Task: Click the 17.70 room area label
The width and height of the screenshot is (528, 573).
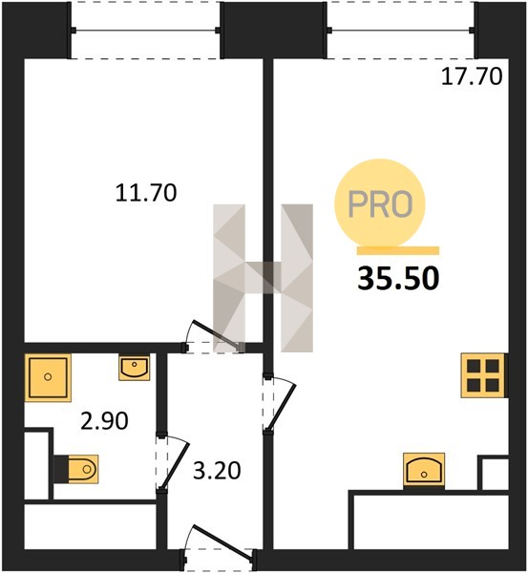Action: [472, 77]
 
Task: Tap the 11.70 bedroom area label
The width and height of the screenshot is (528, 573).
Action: [146, 193]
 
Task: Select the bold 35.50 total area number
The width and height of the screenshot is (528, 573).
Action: [398, 279]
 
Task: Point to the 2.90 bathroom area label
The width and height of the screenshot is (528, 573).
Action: [104, 420]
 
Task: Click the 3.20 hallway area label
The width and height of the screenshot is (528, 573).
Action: [217, 471]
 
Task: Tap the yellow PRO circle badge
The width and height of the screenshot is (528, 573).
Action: [380, 203]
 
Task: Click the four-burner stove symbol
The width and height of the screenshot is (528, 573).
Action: [484, 375]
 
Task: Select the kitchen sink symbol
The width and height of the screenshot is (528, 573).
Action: [424, 471]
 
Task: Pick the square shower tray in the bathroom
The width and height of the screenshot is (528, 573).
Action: [48, 377]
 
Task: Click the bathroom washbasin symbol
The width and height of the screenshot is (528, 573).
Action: [134, 368]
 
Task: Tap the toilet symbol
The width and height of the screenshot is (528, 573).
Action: [76, 469]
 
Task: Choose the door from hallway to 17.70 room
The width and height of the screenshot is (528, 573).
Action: [279, 403]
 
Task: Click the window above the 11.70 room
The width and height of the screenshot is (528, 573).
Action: [145, 31]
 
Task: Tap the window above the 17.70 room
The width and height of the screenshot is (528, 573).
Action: [402, 31]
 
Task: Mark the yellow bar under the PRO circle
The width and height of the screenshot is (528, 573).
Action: [398, 250]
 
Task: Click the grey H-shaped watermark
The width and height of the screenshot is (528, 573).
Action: [264, 278]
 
